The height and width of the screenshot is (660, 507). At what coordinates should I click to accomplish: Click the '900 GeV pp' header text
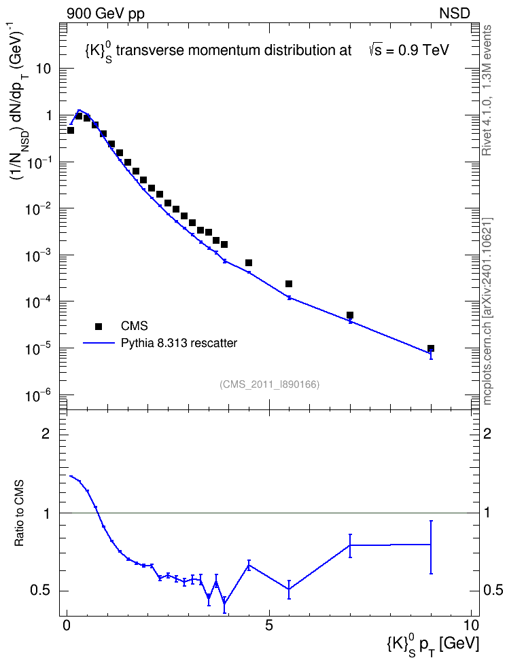coord(105,14)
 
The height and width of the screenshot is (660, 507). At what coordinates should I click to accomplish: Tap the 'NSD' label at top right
coord(454,14)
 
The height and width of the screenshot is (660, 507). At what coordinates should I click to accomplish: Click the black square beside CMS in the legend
coord(99,326)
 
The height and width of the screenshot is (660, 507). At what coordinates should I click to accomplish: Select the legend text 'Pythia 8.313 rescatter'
coord(179,343)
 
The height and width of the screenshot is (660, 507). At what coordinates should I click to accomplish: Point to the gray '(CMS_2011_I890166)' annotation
coord(270,384)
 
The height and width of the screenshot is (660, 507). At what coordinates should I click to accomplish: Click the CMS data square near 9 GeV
coord(431,348)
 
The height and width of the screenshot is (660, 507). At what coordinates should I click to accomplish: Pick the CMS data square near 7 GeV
coord(350,315)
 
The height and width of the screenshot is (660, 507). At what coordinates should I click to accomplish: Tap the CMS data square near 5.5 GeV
coord(289,284)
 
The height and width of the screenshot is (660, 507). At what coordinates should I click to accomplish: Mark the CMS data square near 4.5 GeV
coord(249,263)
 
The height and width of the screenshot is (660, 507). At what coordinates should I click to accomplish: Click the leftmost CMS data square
coord(71,130)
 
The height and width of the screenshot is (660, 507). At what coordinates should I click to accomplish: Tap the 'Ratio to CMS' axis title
coord(19,513)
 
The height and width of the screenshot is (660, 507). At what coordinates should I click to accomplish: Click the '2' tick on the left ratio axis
coord(46,433)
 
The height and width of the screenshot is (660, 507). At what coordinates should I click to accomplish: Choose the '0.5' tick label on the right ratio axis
coord(493,591)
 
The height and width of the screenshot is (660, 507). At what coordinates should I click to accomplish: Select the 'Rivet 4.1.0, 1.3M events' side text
coord(487,90)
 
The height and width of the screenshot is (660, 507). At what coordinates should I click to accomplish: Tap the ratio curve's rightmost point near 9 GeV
coord(431,545)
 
